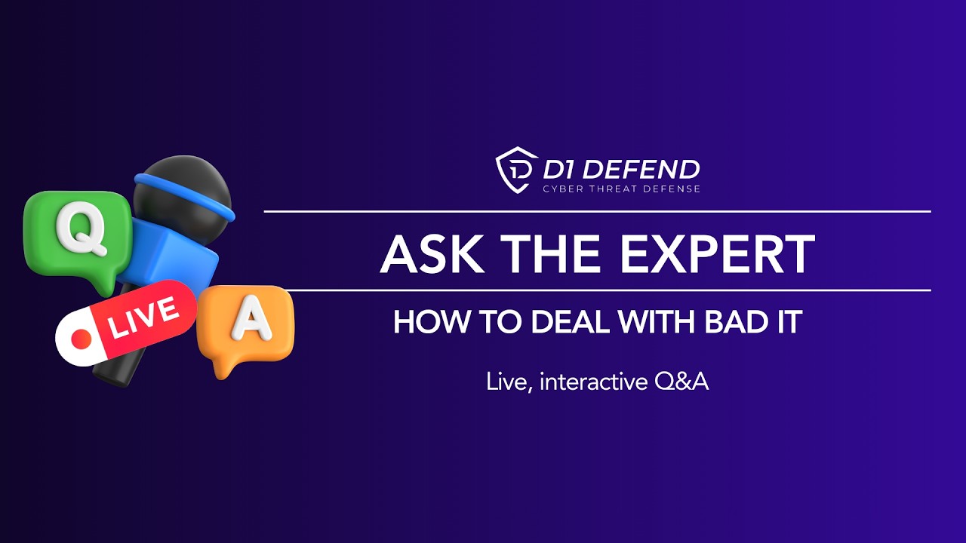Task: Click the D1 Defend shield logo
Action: tap(516, 170)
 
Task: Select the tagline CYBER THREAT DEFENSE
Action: tap(622, 189)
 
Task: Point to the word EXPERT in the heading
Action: tap(718, 254)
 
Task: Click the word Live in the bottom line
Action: tap(505, 382)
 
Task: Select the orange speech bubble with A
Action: tap(246, 324)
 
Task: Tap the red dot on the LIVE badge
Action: tap(81, 340)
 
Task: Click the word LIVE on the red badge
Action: tap(143, 317)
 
